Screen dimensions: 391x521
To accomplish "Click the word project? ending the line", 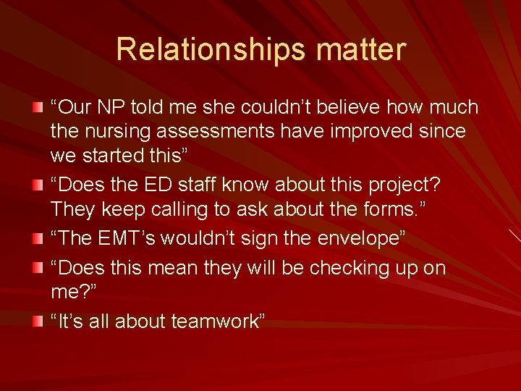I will click(404, 184).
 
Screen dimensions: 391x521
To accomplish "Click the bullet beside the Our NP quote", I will click(37, 108).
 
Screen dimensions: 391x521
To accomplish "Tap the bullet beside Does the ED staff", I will click(37, 185).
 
